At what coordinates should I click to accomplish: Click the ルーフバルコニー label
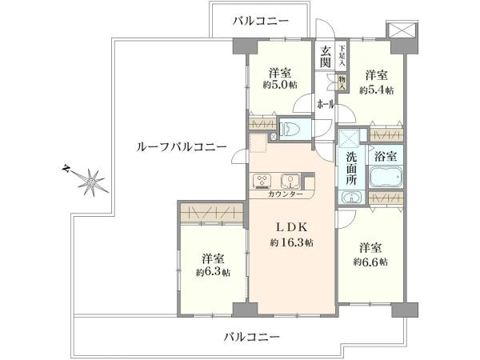(182, 147)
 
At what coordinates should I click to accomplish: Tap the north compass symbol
(90, 181)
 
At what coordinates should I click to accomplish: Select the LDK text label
(291, 227)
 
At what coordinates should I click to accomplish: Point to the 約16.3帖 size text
(291, 243)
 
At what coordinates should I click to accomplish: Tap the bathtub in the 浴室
(386, 177)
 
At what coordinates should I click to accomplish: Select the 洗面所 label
(351, 168)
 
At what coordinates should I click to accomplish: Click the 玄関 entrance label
(326, 57)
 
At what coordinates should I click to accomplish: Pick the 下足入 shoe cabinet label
(342, 56)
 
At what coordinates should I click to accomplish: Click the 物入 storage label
(342, 82)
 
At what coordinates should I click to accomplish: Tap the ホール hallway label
(326, 105)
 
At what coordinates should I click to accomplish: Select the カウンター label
(286, 194)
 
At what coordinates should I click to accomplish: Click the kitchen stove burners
(262, 181)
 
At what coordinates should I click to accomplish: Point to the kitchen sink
(290, 181)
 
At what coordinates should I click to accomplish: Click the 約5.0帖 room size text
(280, 85)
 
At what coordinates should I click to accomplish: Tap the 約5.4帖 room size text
(377, 90)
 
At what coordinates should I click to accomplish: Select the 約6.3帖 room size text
(213, 273)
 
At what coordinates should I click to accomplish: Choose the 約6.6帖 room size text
(370, 262)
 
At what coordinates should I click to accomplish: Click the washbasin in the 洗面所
(351, 197)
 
